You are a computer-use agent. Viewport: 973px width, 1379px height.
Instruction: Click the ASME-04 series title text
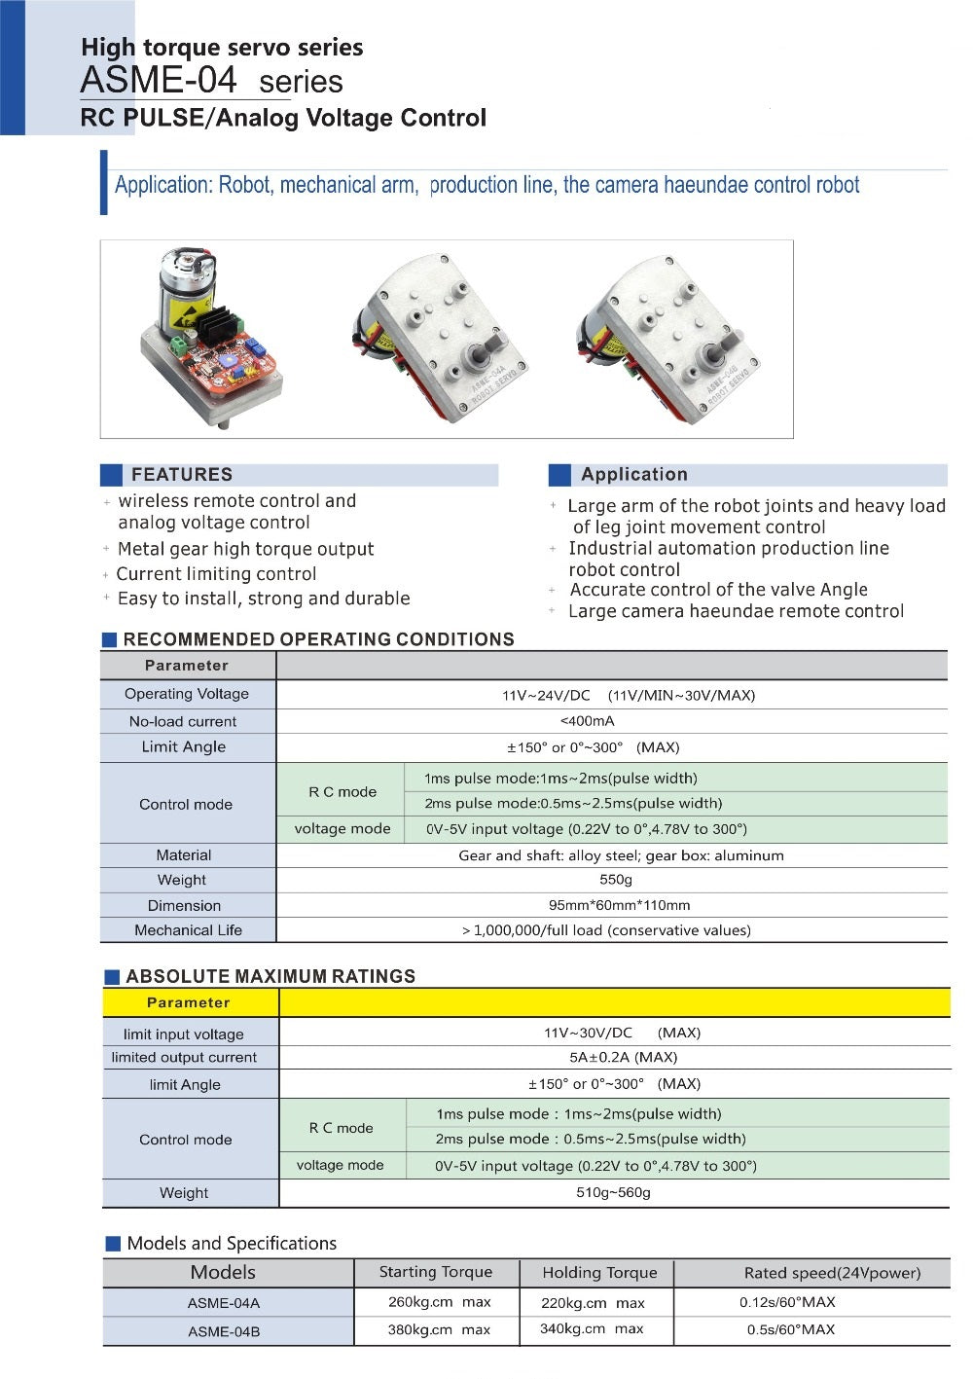(211, 80)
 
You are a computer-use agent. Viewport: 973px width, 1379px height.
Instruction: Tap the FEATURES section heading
(182, 475)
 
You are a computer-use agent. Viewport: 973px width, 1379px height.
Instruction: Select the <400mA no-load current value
(587, 721)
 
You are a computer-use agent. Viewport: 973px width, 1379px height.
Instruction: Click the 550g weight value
(615, 880)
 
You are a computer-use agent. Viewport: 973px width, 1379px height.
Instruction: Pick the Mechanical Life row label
(188, 930)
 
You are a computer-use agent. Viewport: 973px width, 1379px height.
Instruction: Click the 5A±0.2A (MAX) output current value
(623, 1057)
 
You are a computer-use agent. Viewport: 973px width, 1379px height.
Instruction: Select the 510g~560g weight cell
(613, 1192)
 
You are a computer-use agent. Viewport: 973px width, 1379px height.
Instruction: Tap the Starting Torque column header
(435, 1272)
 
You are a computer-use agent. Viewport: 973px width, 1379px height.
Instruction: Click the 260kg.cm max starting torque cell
(439, 1302)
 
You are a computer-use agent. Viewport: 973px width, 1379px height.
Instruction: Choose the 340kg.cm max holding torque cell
(592, 1329)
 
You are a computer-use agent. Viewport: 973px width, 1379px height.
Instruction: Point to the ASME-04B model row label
(224, 1331)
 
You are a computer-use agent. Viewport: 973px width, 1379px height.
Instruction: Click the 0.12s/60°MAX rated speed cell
(787, 1302)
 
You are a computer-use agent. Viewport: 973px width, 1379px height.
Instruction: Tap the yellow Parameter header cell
(189, 1002)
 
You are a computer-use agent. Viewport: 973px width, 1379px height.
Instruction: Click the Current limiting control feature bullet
(216, 574)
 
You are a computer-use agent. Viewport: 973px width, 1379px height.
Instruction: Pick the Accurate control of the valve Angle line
(718, 590)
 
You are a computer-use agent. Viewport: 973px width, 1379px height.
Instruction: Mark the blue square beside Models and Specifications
(113, 1244)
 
